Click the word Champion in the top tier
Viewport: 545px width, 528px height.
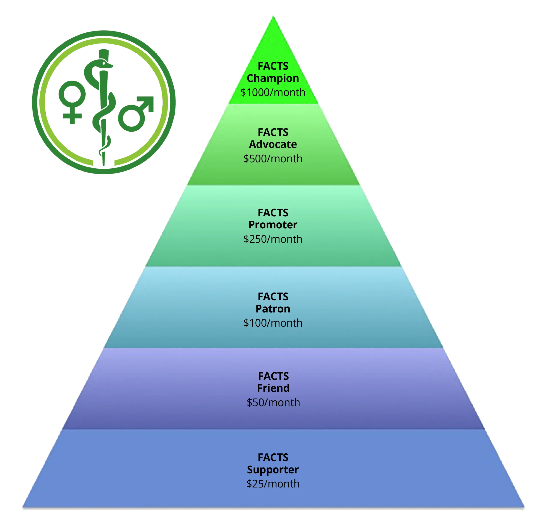[x=273, y=78]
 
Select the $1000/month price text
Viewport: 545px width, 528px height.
[x=273, y=92]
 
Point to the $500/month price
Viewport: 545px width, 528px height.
[x=273, y=159]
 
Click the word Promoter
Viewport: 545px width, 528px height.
[x=273, y=225]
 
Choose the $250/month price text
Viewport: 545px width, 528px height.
[x=273, y=239]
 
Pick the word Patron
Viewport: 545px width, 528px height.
[x=273, y=309]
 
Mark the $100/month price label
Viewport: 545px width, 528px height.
[x=273, y=323]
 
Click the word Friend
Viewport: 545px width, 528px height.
[x=273, y=388]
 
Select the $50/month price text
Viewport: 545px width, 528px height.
[x=273, y=403]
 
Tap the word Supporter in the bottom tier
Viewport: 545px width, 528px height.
[x=273, y=469]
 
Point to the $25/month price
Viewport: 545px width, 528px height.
[x=273, y=484]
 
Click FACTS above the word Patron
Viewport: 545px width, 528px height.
[x=273, y=296]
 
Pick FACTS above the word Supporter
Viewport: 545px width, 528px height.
[x=273, y=457]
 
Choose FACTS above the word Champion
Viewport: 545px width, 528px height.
[x=273, y=66]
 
